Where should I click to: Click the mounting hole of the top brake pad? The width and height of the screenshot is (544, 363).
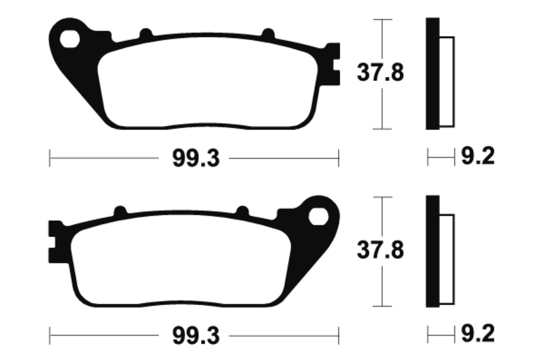click(x=69, y=39)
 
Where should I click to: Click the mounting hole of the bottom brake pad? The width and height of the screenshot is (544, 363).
click(x=318, y=217)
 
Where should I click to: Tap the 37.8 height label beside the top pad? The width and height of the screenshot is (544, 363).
click(x=380, y=73)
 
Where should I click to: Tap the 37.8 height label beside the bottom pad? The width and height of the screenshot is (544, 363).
click(x=380, y=250)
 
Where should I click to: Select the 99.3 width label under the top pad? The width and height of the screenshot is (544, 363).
click(x=196, y=159)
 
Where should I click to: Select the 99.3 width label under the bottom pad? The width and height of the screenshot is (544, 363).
click(x=196, y=336)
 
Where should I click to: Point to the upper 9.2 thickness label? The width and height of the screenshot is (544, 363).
click(x=477, y=156)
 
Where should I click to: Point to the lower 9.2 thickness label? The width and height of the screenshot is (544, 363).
click(x=477, y=334)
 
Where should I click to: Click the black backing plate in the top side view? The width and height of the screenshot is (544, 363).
click(x=432, y=74)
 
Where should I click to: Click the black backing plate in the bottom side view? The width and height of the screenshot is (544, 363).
click(x=432, y=251)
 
